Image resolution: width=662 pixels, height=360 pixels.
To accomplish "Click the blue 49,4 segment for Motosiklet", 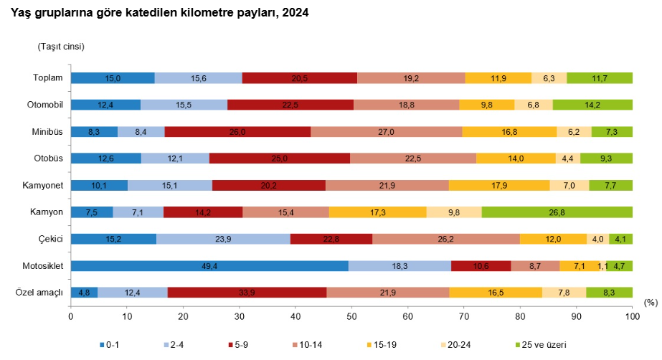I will point(209,266).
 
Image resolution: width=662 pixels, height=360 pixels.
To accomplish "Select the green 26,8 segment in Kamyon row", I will point(557,212).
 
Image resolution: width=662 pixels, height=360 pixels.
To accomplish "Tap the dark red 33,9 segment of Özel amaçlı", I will point(247,293).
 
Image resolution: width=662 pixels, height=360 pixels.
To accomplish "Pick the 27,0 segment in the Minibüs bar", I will point(387,132).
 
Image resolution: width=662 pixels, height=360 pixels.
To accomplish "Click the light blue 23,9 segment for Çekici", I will point(223,239).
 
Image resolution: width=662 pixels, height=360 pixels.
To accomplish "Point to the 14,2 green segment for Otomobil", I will point(592,105).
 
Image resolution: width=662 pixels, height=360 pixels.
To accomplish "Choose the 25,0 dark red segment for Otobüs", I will point(280,158).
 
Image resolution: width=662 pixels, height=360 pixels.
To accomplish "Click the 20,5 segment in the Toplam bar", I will point(300,78).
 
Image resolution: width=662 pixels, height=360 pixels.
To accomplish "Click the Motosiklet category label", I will point(42,266).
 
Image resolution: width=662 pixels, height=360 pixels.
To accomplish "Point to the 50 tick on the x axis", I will point(351,316).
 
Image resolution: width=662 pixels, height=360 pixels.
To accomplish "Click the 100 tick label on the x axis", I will point(632,316).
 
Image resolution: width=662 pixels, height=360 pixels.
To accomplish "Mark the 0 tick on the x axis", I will point(70,316).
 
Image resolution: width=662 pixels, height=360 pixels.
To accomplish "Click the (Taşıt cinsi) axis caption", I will point(61,47).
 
